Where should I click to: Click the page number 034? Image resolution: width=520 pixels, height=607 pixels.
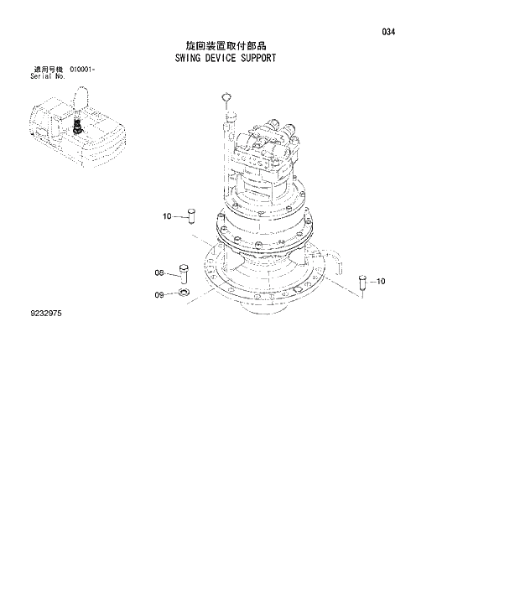387,33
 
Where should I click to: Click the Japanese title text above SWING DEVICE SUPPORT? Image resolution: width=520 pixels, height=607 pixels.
231,47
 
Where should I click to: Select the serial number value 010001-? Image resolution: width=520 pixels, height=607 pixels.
84,69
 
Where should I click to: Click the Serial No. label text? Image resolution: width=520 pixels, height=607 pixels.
47,75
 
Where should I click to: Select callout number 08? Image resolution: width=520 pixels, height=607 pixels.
159,272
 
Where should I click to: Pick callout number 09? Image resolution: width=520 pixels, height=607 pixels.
159,293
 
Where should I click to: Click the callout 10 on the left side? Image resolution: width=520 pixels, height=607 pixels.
167,216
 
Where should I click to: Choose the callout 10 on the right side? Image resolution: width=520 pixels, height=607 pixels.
381,282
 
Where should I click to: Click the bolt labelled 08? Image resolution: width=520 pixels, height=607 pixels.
185,273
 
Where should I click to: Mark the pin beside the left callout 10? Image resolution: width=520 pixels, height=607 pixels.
190,215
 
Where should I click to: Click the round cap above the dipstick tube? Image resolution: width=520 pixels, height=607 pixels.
224,98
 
